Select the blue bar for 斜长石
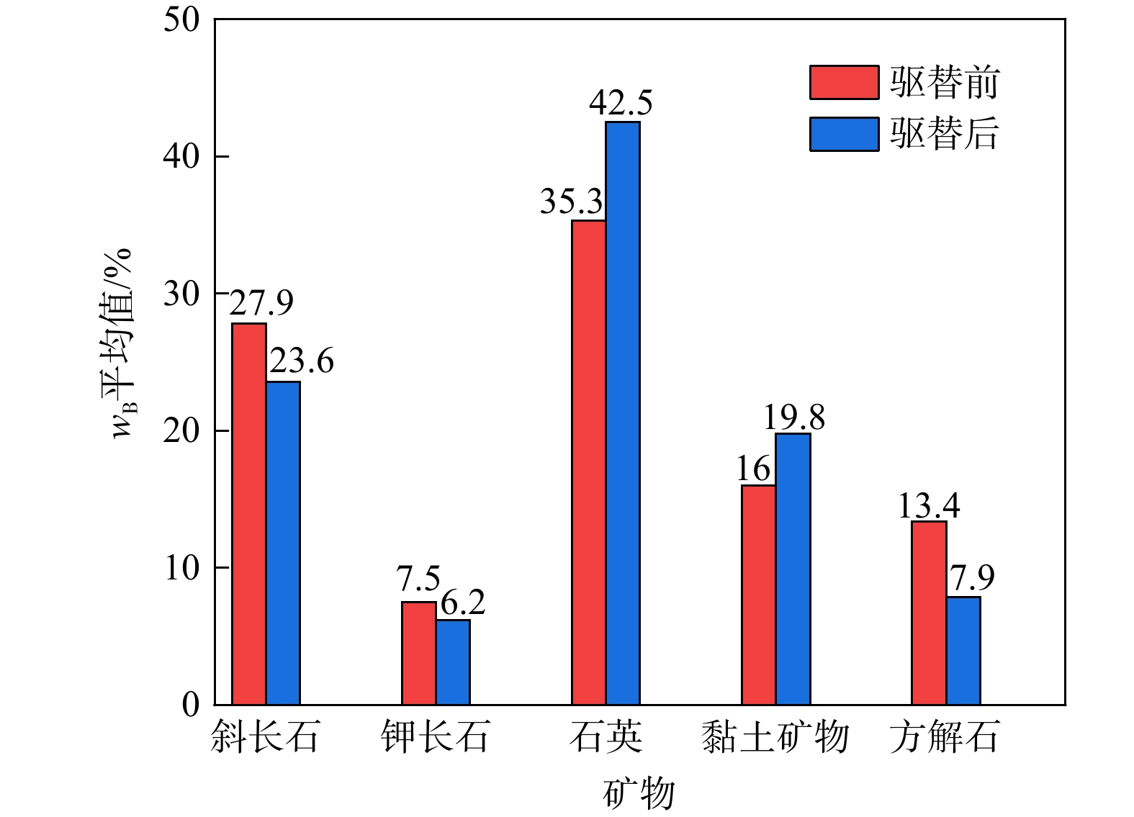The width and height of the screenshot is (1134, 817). click(283, 543)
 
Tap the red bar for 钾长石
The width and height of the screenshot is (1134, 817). click(418, 653)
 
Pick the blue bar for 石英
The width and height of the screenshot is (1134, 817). click(623, 413)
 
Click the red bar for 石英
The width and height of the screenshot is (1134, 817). click(588, 462)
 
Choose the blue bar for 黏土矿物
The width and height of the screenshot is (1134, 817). click(793, 569)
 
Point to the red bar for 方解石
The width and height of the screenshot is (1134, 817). click(929, 613)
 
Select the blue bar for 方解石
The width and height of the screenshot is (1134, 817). click(963, 650)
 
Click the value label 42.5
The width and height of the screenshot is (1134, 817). click(621, 104)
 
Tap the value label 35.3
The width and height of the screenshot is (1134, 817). click(571, 202)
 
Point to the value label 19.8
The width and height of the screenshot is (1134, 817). click(793, 417)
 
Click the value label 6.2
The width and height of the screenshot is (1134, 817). click(463, 603)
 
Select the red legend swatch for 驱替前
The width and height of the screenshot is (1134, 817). click(844, 82)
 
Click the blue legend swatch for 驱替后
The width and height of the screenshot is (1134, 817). click(844, 134)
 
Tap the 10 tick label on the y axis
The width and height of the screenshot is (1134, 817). click(181, 568)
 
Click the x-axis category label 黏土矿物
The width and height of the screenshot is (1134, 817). click(775, 737)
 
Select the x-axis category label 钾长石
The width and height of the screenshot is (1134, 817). click(436, 737)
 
